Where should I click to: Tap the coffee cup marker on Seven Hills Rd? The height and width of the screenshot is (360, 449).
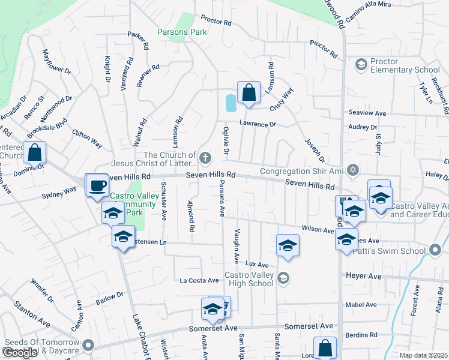tap(96, 185)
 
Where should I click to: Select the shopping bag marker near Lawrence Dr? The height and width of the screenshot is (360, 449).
tap(249, 93)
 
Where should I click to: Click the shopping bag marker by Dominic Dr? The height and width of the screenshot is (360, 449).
tap(35, 152)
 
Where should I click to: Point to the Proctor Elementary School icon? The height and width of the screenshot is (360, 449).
tap(361, 64)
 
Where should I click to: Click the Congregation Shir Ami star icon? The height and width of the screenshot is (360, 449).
tap(353, 171)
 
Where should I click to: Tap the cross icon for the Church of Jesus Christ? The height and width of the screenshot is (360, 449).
tap(205, 158)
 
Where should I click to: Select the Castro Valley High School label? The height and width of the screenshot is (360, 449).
tap(249, 280)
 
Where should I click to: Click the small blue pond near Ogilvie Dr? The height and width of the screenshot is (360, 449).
tap(231, 103)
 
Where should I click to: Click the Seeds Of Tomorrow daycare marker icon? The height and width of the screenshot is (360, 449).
tap(89, 345)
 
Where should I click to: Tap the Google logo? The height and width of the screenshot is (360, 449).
tap(20, 353)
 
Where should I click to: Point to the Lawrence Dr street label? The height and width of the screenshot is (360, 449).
tap(258, 124)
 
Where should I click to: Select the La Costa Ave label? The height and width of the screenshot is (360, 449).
tap(199, 280)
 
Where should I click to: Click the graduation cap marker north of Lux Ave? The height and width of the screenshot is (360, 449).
tap(288, 245)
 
